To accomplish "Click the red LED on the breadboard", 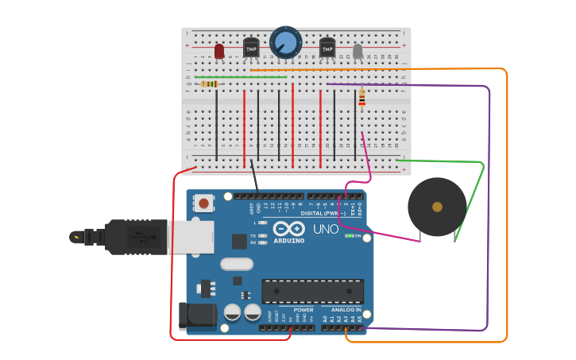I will click(x=219, y=51).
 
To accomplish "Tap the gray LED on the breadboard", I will click(x=358, y=51).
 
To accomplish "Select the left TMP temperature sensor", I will click(x=251, y=48).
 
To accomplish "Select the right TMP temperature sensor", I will click(x=327, y=48).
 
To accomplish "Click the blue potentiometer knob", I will click(x=286, y=42).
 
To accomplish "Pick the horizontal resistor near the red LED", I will click(x=210, y=83).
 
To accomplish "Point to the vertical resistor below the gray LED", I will click(x=362, y=98).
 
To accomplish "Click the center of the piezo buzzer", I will click(x=437, y=207).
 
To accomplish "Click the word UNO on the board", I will click(x=325, y=229).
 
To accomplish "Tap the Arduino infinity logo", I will click(x=289, y=229).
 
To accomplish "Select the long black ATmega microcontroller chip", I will click(x=312, y=291).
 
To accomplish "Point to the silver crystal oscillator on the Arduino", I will click(x=236, y=264).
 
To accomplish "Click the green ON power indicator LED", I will click(x=349, y=236).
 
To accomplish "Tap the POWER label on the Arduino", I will click(x=303, y=310).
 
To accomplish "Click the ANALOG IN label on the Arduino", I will click(x=346, y=310).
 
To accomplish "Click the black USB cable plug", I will click(x=135, y=237).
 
